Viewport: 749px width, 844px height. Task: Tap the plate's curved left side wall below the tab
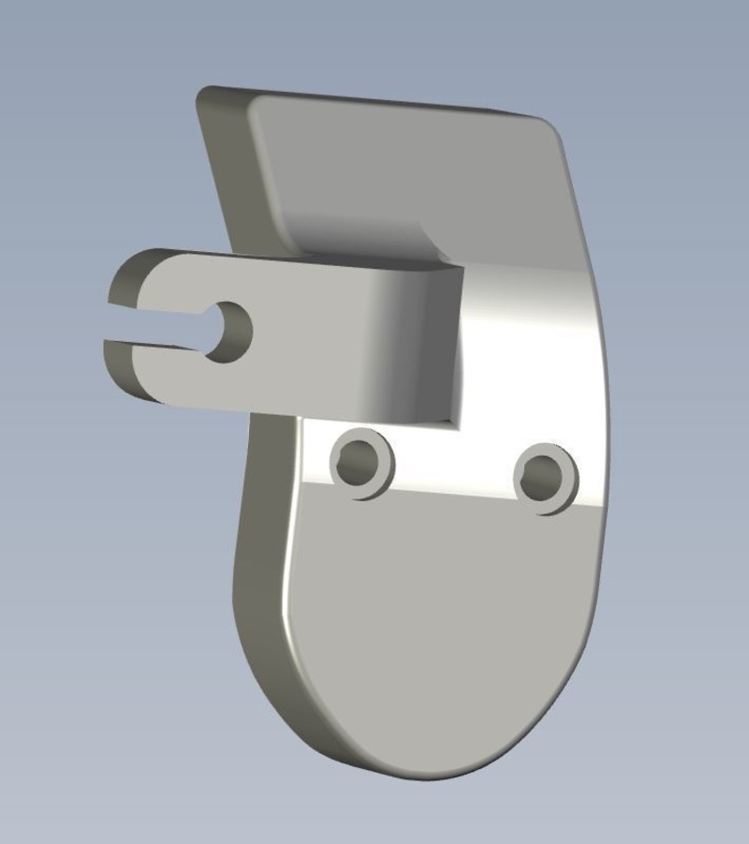(257, 581)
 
